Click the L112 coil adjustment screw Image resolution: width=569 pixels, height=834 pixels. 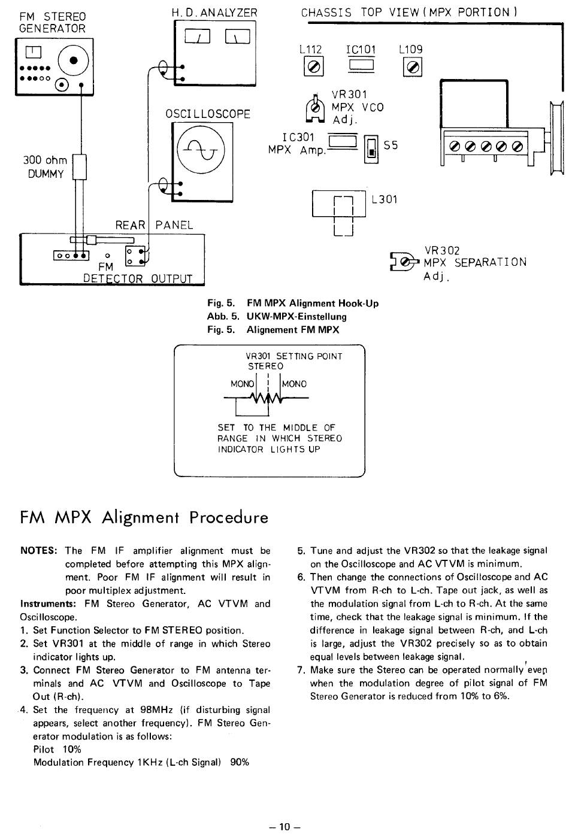(x=313, y=66)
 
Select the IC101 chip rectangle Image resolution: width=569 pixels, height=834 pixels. (x=361, y=65)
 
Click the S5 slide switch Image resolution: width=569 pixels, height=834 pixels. (x=371, y=149)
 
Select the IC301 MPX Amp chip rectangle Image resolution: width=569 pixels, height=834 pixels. (x=343, y=141)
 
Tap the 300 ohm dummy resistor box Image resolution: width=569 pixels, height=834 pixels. (x=79, y=167)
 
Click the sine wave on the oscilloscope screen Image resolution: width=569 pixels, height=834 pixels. (x=201, y=150)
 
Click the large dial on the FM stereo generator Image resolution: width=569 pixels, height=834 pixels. (x=73, y=60)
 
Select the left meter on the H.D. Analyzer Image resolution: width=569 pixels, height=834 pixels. (x=198, y=37)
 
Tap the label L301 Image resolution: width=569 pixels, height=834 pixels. (x=385, y=199)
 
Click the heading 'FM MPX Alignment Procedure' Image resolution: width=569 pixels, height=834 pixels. (x=144, y=517)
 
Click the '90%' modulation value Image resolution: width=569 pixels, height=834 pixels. (x=240, y=762)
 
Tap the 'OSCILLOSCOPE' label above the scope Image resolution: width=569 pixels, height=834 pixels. (x=208, y=114)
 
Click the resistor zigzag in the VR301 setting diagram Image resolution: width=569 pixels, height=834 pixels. (x=267, y=398)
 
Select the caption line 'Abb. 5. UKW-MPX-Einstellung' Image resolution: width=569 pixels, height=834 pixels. (x=277, y=317)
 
